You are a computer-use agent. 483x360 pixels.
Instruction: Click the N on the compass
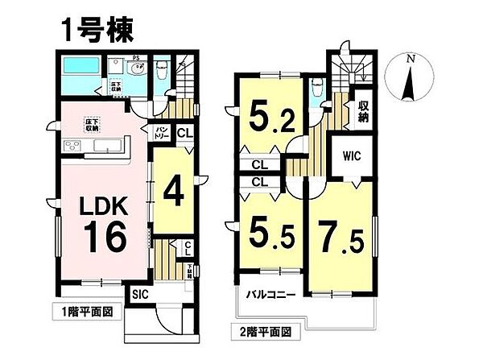coord(410,60)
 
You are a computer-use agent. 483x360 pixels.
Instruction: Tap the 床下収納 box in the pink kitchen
coord(91,125)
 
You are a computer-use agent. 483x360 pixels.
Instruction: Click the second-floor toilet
coord(316,87)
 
